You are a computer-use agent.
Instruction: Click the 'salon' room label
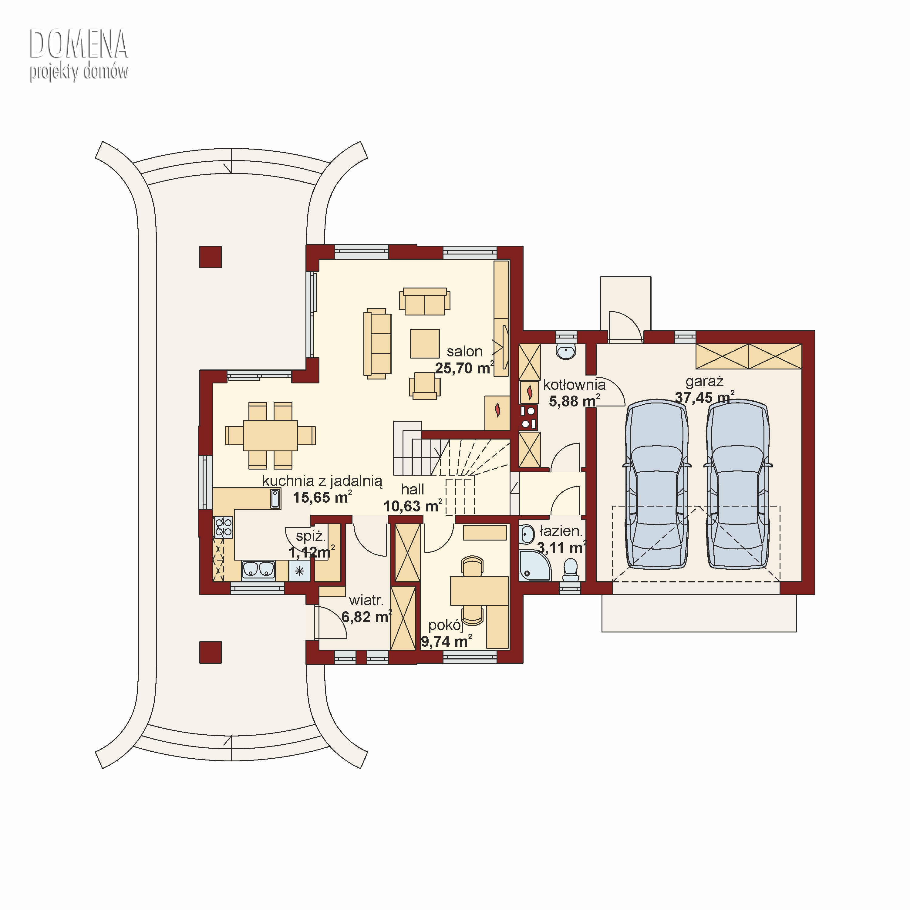pos(464,351)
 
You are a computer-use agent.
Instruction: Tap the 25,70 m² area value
pos(464,368)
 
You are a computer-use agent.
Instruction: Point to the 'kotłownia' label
pos(574,385)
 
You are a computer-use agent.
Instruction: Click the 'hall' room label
pos(413,489)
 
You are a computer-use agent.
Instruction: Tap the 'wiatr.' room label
pos(366,601)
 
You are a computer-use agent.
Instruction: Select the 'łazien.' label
pos(561,531)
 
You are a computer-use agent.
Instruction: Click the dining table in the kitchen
pos(270,435)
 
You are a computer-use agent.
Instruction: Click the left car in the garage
pos(657,485)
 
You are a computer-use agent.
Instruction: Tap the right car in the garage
pos(738,485)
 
